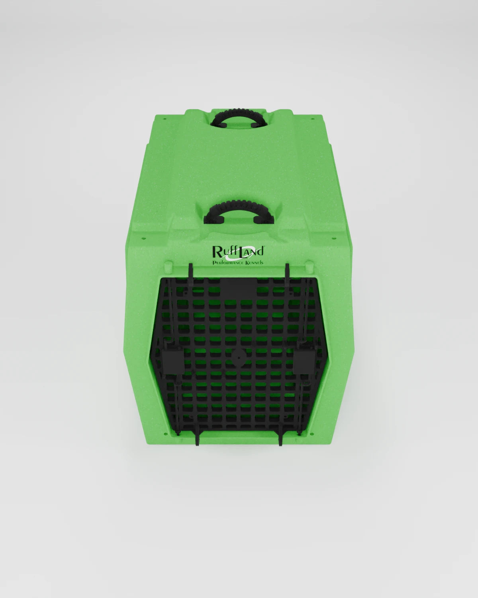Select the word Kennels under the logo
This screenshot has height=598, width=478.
click(x=253, y=262)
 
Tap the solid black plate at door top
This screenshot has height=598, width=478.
click(x=238, y=287)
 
